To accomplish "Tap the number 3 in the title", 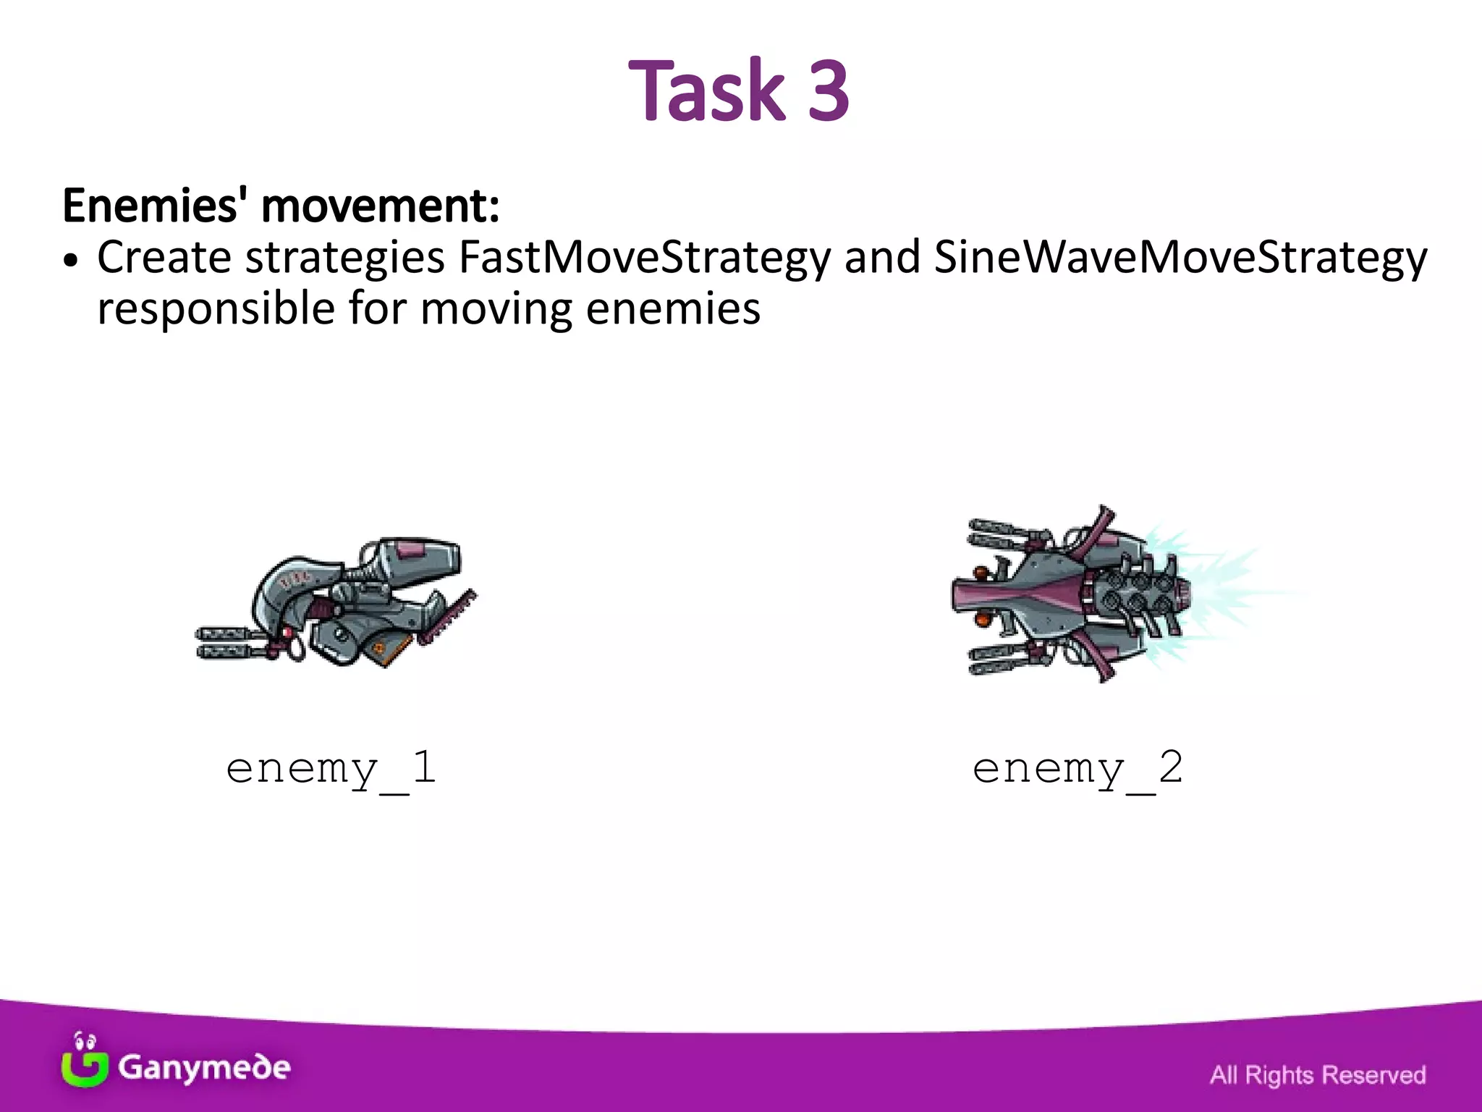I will (x=828, y=91).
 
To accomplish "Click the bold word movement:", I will (x=380, y=206).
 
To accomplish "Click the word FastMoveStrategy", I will (x=644, y=258).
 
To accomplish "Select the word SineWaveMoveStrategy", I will (x=1180, y=258).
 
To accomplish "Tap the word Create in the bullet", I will (x=164, y=258).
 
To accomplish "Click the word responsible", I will (x=216, y=309).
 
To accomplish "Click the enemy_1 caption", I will (x=331, y=769).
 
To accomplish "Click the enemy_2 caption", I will (x=1077, y=769).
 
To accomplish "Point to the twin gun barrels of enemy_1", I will (x=224, y=643).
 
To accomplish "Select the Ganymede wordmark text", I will (x=204, y=1067).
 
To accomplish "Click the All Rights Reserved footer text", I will (x=1317, y=1075).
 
